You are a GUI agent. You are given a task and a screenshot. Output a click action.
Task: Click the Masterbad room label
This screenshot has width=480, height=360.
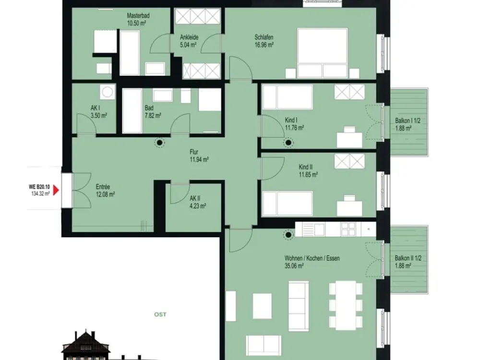(x=138, y=16)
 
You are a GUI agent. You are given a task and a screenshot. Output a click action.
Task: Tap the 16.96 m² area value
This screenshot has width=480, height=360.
(x=264, y=45)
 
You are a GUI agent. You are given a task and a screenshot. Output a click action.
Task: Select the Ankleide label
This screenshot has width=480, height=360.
(x=189, y=37)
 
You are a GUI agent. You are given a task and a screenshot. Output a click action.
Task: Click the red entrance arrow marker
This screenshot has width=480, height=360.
(x=56, y=191)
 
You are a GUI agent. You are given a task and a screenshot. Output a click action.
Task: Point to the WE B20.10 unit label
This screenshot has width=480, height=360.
(x=39, y=187)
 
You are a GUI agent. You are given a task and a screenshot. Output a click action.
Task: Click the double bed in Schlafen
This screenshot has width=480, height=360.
(x=323, y=53)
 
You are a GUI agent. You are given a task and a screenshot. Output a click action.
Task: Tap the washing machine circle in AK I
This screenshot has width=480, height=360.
(x=107, y=92)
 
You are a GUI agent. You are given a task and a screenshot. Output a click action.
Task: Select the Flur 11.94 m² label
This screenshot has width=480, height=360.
(x=199, y=156)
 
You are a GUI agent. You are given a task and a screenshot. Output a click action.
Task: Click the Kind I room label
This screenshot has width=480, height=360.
(x=291, y=120)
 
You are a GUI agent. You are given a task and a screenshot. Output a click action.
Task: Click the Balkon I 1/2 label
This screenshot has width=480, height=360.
(x=408, y=121)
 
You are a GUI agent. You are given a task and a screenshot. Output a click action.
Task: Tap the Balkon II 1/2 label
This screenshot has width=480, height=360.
(x=408, y=258)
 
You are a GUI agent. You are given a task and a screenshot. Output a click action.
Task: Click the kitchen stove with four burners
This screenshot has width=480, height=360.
(x=349, y=229)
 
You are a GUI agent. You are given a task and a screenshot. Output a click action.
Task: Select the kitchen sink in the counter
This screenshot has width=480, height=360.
(x=313, y=229)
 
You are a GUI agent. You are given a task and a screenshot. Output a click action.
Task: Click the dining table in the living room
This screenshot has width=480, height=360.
(x=346, y=305)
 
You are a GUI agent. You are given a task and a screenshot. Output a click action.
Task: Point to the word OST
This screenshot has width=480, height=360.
(x=160, y=314)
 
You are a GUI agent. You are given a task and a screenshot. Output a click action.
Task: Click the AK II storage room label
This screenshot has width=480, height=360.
(x=195, y=198)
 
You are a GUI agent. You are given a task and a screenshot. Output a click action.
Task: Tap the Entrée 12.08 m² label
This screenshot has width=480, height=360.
(x=105, y=191)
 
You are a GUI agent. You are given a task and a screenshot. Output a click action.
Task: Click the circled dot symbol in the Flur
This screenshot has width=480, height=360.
(x=159, y=143)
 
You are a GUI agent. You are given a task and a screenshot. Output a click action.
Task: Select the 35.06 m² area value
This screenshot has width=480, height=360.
(x=294, y=266)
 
